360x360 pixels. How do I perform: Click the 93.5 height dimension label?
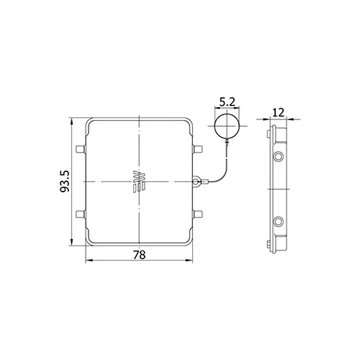point(64,181)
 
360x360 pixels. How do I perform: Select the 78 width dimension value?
point(139,255)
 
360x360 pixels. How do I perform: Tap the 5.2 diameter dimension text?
point(227,102)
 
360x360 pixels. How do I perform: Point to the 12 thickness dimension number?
point(279,112)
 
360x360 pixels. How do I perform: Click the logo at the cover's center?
point(139,181)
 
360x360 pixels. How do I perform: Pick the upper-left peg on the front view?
point(81,149)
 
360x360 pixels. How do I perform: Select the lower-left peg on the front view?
point(81,214)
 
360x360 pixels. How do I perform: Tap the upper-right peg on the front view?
point(198,149)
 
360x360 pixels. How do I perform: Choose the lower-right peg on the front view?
point(198,214)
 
